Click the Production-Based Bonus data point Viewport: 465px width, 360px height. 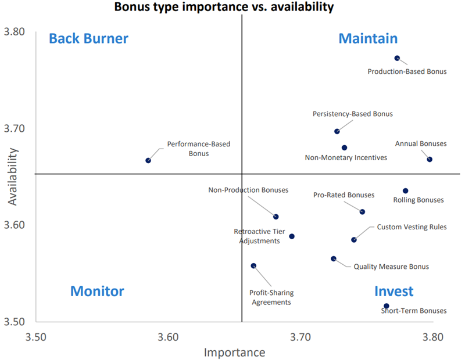(x=397, y=58)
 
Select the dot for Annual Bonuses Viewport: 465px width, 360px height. (x=430, y=159)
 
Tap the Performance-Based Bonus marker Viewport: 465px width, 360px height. (x=148, y=160)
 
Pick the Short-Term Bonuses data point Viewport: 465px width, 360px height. (x=386, y=306)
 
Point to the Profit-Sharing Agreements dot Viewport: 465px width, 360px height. (x=253, y=266)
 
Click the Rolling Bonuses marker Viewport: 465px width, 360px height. (x=405, y=191)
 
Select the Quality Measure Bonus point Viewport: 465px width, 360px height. (x=334, y=259)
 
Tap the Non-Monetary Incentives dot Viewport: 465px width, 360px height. (x=344, y=148)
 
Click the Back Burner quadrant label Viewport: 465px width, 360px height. (x=88, y=38)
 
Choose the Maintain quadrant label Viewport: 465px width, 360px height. (x=368, y=38)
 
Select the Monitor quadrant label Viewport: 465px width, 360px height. (x=97, y=291)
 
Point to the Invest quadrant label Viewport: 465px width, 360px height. (x=394, y=291)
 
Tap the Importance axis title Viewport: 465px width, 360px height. (x=234, y=352)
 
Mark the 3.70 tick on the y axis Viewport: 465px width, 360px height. (x=16, y=128)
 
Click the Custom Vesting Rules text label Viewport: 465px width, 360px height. (x=412, y=227)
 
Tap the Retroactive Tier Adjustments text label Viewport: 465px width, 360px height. (x=259, y=236)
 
